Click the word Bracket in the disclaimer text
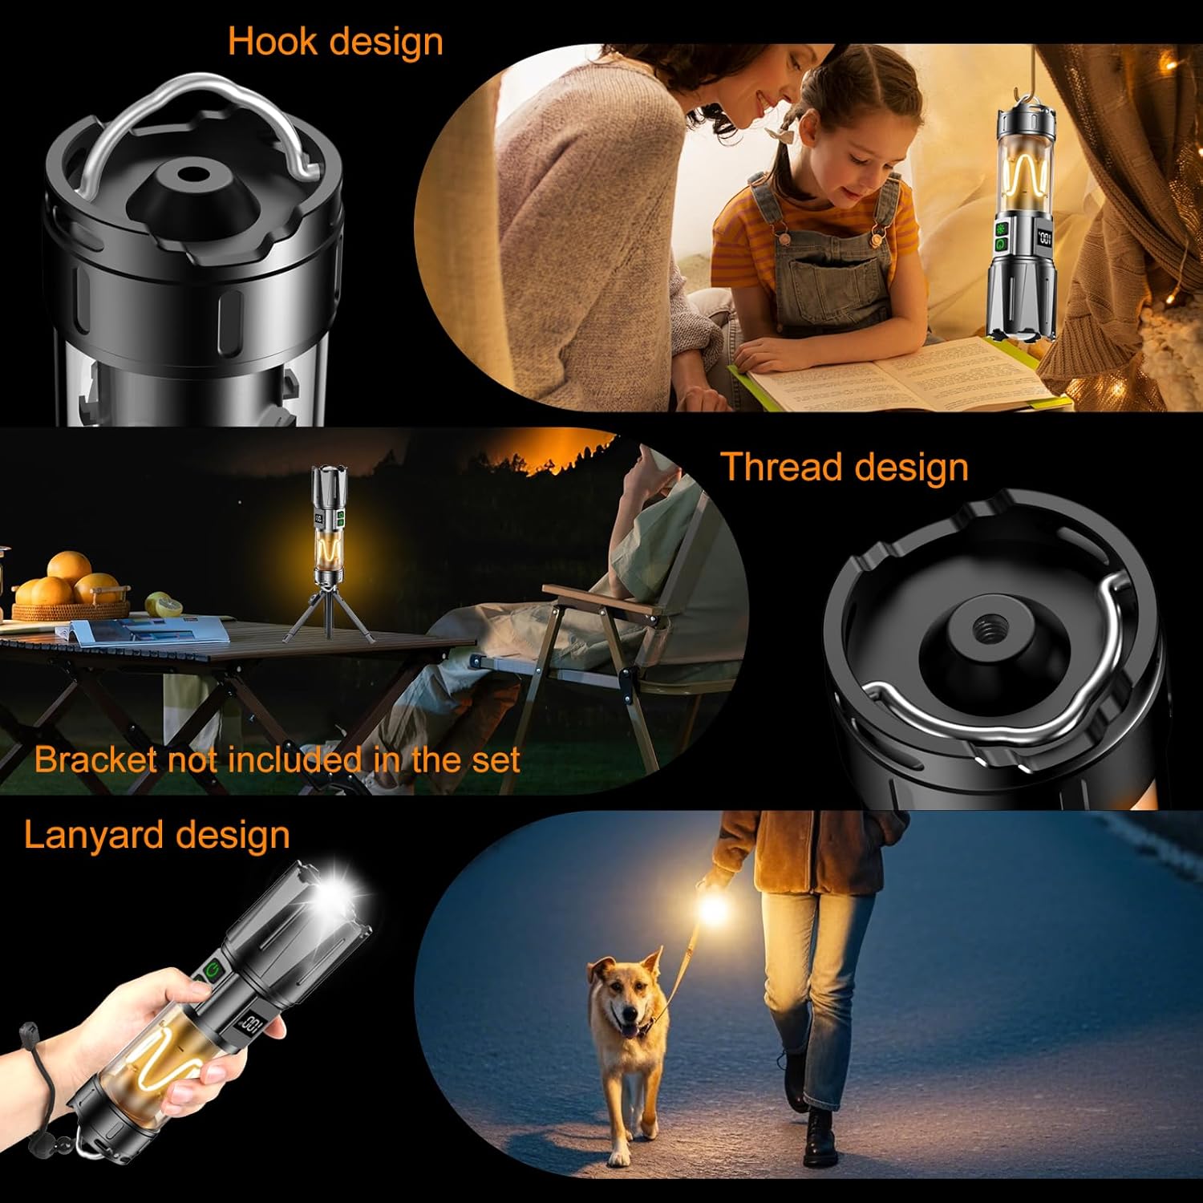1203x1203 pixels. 95,759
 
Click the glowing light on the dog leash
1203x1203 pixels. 712,911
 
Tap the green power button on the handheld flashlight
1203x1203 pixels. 212,971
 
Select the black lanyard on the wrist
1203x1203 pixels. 40,1075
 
